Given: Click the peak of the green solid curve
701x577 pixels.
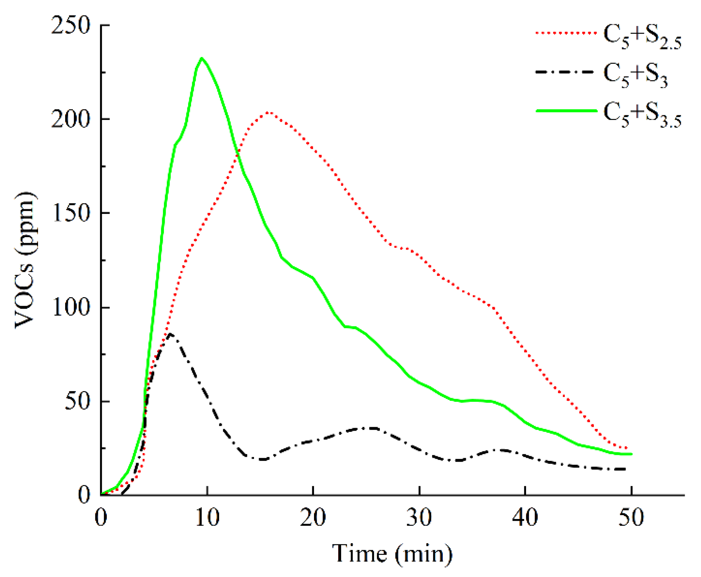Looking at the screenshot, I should pos(202,58).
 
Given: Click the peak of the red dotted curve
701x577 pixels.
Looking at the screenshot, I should pos(268,112).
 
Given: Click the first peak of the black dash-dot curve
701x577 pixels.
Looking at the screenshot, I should pos(171,334).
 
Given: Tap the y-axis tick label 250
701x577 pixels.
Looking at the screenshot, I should pos(70,26).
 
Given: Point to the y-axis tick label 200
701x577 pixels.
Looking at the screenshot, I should pos(70,119).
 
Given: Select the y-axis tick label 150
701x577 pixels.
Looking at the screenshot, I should pos(70,213).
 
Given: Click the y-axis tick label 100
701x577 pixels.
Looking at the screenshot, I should pos(70,307).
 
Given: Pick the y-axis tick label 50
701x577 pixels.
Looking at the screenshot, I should pos(77,401).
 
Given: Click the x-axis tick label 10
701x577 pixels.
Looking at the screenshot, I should pos(207,518).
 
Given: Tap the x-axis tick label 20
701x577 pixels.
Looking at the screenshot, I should pos(313,518).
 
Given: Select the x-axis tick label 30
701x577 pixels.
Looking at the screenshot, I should pos(419,518).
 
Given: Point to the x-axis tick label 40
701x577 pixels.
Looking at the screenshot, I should pos(525,518).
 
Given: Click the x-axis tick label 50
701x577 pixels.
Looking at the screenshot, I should pos(631,518).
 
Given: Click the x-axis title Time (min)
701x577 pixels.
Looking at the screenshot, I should pos(392,555).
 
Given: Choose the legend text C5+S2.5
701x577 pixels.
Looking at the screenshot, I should pos(642,37).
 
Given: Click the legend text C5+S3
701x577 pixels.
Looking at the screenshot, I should pos(635,75).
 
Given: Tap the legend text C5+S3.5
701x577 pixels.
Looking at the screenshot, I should pos(642,115).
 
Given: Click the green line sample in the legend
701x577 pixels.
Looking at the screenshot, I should pos(566,111).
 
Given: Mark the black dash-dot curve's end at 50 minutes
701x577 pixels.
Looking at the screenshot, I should pos(625,469).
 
